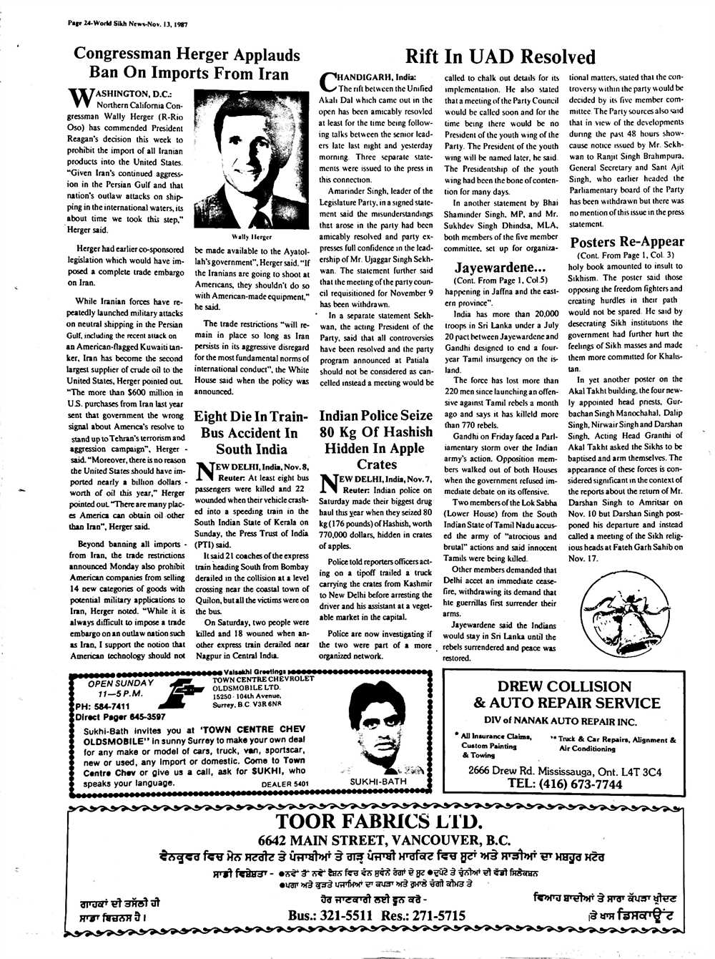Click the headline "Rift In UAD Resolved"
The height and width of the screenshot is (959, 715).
500,57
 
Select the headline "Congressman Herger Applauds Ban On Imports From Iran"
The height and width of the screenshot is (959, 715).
187,64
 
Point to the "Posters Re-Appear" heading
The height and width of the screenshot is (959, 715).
627,242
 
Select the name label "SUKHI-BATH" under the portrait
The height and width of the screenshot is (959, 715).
379,782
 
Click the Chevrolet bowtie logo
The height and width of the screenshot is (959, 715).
188,696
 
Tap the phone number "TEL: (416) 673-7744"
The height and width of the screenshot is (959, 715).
565,784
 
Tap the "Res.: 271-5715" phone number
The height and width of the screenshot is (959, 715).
424,915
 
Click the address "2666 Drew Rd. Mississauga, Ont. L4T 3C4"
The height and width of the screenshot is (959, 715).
565,771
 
